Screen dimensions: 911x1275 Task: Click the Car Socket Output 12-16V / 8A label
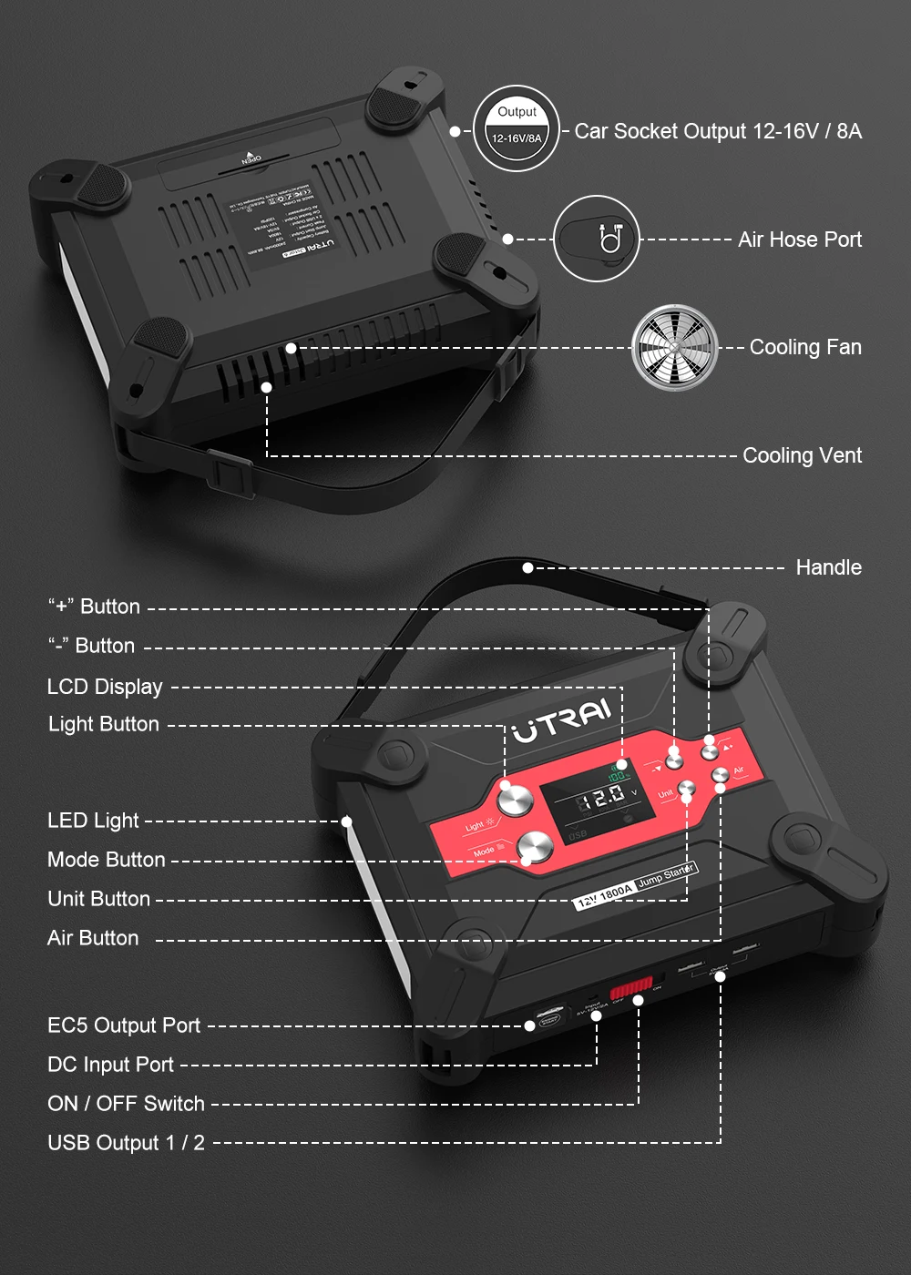[x=718, y=131]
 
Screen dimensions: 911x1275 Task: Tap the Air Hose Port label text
[x=799, y=240]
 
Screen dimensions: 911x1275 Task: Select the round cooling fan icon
[x=675, y=348]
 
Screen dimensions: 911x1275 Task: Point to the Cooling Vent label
[x=802, y=455]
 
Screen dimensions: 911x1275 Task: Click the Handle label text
[x=828, y=567]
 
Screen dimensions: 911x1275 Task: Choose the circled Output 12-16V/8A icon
[x=517, y=128]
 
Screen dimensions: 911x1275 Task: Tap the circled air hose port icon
[x=597, y=239]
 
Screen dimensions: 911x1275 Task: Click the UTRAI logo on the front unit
[x=561, y=719]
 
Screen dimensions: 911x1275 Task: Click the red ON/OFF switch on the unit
[x=631, y=987]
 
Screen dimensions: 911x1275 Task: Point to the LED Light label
[x=93, y=821]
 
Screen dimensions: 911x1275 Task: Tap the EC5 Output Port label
[x=124, y=1025]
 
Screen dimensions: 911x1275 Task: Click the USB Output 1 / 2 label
[x=126, y=1143]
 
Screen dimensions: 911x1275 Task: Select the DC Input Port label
[x=110, y=1065]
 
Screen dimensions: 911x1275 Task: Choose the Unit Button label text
[x=98, y=899]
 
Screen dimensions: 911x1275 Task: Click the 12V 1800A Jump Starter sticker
[x=635, y=885]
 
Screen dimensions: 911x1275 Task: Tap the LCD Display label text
[x=105, y=687]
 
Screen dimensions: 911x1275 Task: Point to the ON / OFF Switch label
[x=126, y=1104]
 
